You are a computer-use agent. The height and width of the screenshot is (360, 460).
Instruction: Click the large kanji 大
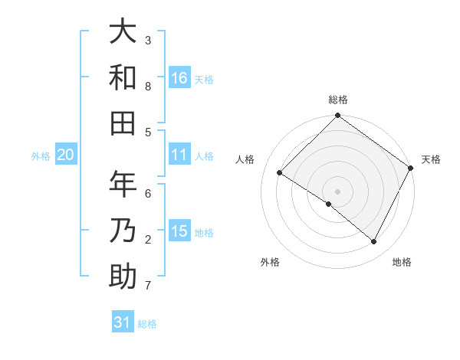coord(123,32)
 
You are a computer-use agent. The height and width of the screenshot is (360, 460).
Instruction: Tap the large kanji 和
coord(123,78)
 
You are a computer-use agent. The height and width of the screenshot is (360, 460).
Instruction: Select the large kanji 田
coord(123,123)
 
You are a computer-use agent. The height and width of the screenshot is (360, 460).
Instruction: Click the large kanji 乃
coord(123,231)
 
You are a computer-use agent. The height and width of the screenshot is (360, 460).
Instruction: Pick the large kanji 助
coord(123,277)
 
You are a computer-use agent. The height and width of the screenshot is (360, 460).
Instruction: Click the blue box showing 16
coord(179,77)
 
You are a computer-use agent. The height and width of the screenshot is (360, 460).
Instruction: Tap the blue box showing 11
coord(179,155)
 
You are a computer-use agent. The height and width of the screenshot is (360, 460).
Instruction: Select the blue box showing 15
coord(179,231)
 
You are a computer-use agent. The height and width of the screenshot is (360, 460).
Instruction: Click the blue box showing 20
coord(65,155)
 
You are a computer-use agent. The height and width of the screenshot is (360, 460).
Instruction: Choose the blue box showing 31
coord(123,322)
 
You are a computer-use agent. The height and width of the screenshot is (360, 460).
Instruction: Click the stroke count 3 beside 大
coord(148,40)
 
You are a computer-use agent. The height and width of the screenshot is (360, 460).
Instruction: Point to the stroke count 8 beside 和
coord(148,87)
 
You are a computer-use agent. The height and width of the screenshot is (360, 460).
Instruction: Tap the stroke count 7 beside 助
coord(148,286)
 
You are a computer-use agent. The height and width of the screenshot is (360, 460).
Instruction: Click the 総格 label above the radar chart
coord(338,100)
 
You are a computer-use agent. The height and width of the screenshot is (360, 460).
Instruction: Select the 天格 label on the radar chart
coord(431,159)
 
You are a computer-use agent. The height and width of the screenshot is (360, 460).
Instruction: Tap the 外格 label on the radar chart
coord(270,262)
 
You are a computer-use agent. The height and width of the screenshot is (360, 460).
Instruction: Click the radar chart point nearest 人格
coord(280,173)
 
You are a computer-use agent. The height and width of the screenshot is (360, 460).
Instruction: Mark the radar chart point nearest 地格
coord(374,242)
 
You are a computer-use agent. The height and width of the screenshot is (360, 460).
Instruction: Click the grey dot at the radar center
coord(337,191)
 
